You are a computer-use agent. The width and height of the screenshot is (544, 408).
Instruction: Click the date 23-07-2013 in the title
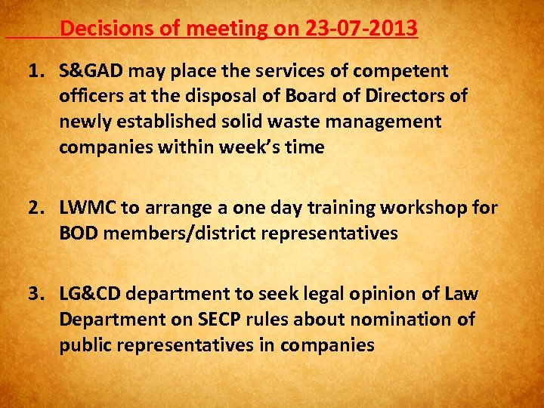pyautogui.click(x=362, y=29)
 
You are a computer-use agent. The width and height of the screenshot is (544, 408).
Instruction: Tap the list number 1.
pyautogui.click(x=34, y=71)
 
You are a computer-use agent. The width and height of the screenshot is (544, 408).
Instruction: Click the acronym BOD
pyautogui.click(x=79, y=233)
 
